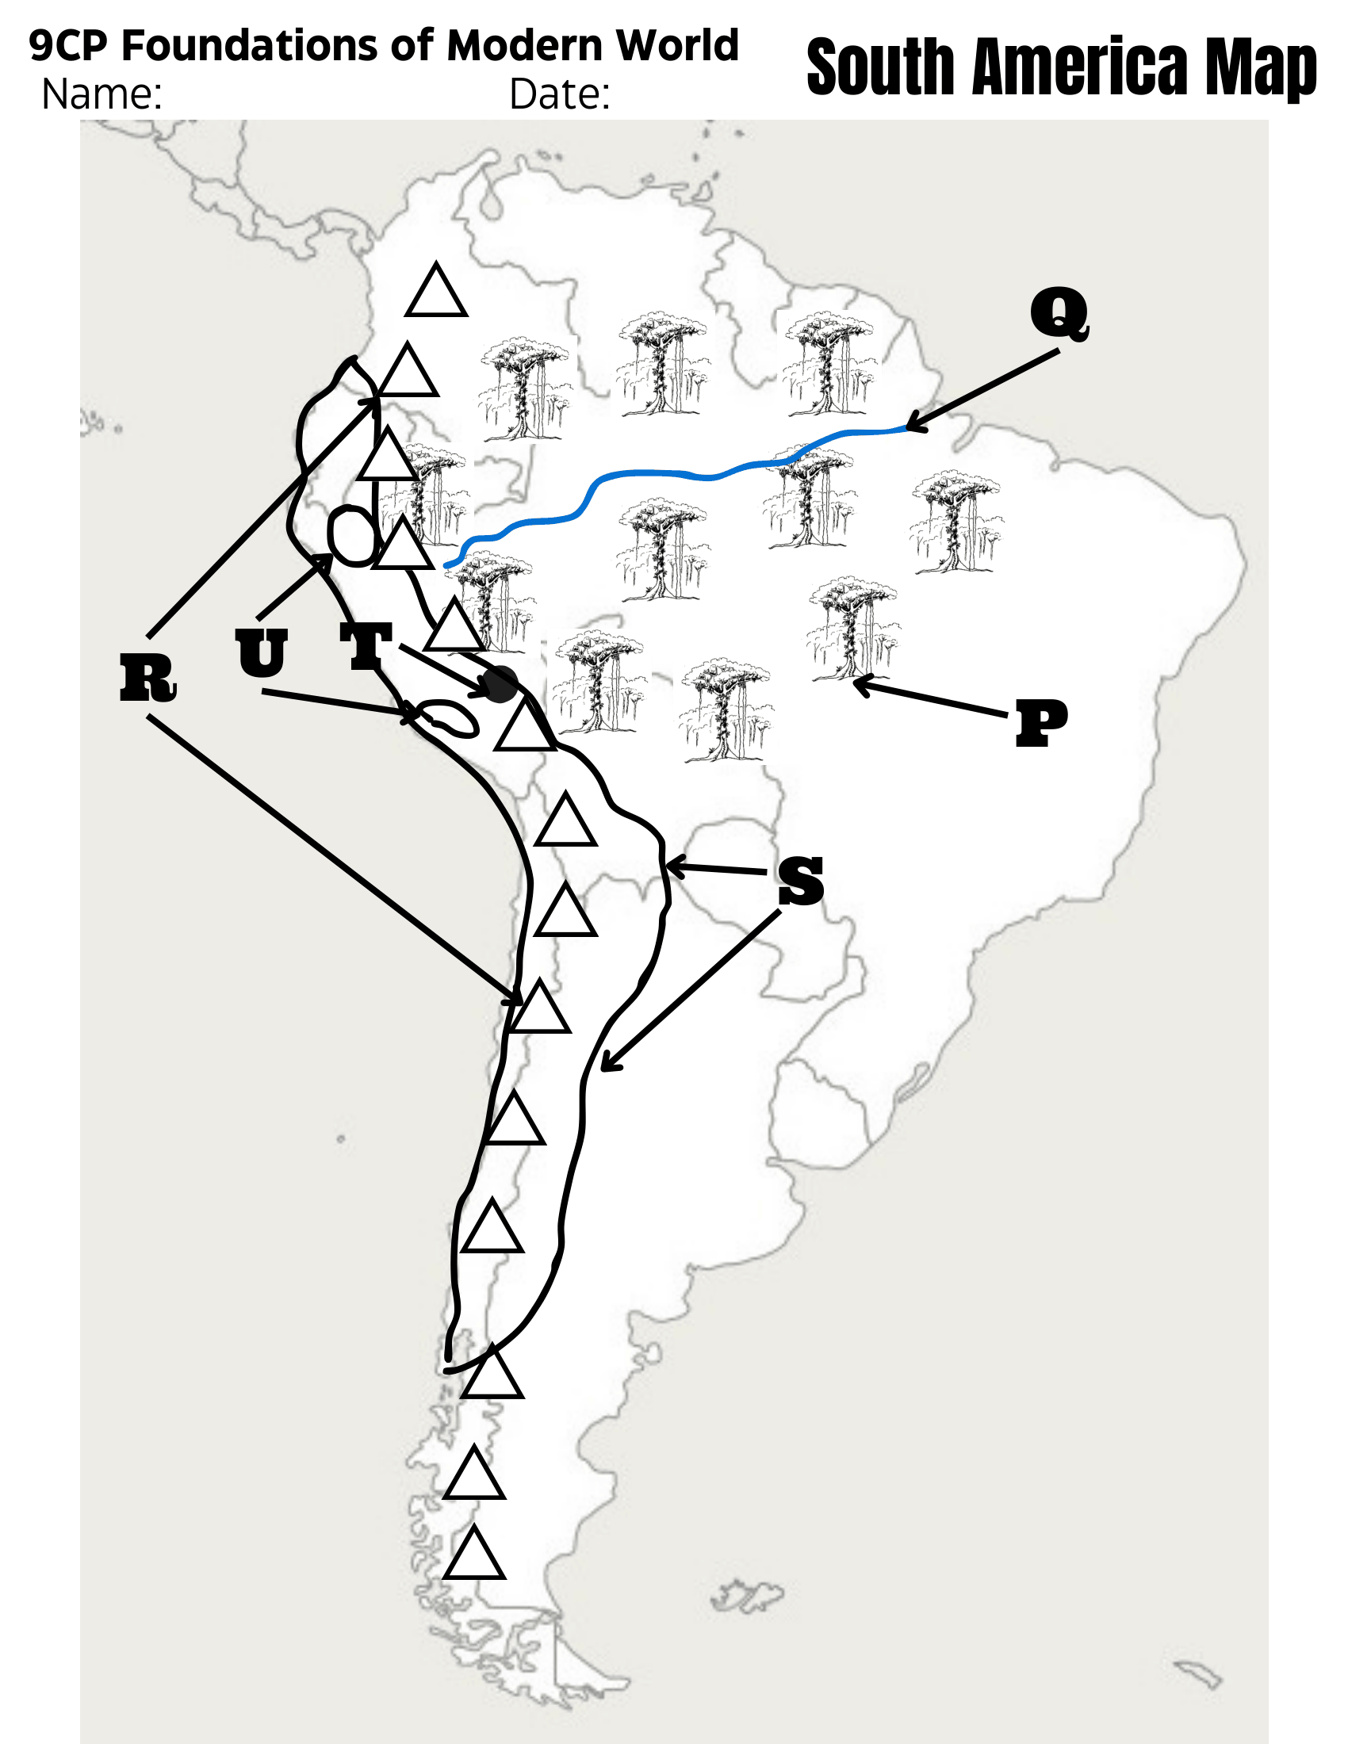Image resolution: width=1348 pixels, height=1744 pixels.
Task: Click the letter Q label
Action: [1059, 315]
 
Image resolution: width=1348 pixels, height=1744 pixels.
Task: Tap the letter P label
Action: [1041, 724]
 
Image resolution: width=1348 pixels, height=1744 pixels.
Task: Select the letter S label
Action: [801, 882]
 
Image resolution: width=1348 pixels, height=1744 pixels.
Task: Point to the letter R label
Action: [147, 678]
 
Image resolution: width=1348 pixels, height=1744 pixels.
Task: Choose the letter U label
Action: [261, 653]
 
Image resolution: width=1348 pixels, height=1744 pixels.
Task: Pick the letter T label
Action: [366, 646]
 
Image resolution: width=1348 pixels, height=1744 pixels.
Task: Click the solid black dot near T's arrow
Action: [500, 685]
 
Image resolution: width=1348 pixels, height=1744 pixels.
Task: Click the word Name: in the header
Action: [102, 94]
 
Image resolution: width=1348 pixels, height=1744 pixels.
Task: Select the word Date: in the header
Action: [560, 94]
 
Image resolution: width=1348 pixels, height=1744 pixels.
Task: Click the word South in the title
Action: [881, 67]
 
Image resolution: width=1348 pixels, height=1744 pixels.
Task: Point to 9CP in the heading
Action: [68, 45]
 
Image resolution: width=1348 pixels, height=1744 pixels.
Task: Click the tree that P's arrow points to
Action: [853, 629]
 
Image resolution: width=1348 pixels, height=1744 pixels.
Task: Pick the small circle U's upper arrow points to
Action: [352, 537]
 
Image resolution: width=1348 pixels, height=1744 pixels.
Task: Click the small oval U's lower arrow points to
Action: [449, 718]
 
